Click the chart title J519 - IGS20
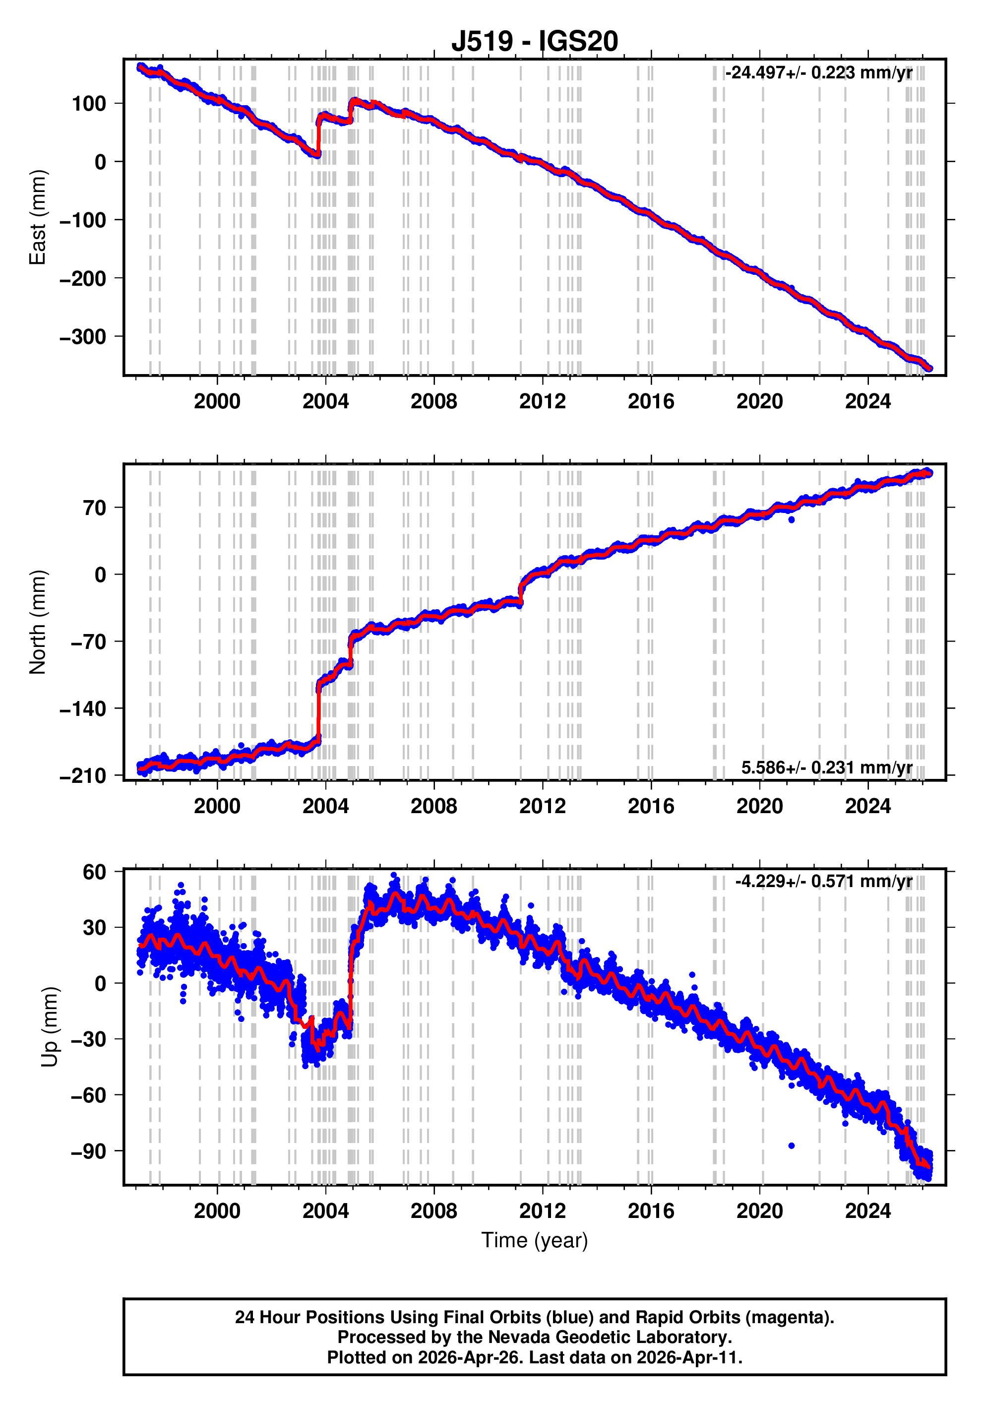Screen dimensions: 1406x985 coord(535,42)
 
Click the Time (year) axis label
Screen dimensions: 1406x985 coord(535,1240)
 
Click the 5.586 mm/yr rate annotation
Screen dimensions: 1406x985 coord(826,767)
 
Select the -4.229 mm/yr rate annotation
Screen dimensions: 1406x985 coord(823,881)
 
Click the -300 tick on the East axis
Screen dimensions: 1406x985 coord(83,337)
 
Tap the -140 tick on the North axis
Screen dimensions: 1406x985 coord(83,709)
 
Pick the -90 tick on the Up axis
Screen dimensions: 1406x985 coord(88,1151)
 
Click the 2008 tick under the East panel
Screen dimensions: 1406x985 coord(433,402)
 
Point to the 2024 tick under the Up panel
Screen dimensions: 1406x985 coord(867,1211)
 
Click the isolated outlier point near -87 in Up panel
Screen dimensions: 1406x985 coord(792,1145)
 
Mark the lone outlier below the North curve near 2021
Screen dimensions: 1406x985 coord(792,519)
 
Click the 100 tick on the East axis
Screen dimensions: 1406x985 coord(89,104)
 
